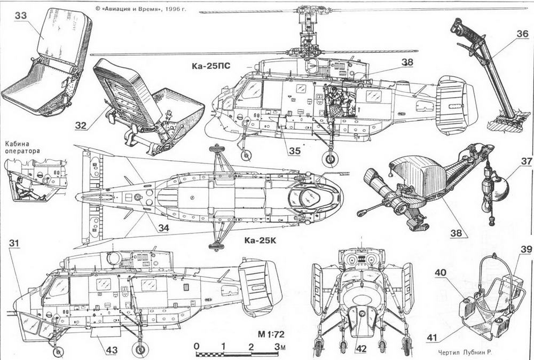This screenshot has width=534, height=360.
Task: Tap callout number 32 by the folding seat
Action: pos(82,126)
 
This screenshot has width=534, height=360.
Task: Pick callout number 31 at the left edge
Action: pos(16,244)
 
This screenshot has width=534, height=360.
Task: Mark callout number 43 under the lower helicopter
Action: pos(111,350)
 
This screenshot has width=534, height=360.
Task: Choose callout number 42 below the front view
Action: pos(361,349)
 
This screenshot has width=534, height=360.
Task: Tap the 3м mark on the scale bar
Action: pos(279,347)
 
